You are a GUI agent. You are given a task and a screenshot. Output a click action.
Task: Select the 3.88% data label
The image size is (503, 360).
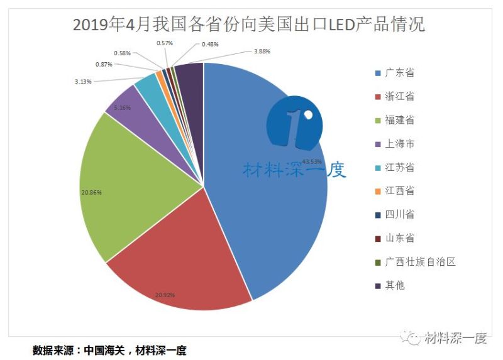click(262, 51)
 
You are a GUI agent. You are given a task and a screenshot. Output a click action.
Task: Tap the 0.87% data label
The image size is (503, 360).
click(104, 65)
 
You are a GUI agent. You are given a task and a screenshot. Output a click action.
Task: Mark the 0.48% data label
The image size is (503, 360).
click(211, 45)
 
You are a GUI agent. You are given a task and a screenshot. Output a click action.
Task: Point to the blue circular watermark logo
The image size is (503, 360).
click(294, 123)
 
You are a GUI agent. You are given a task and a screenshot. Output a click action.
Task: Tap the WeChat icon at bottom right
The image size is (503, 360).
click(413, 339)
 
